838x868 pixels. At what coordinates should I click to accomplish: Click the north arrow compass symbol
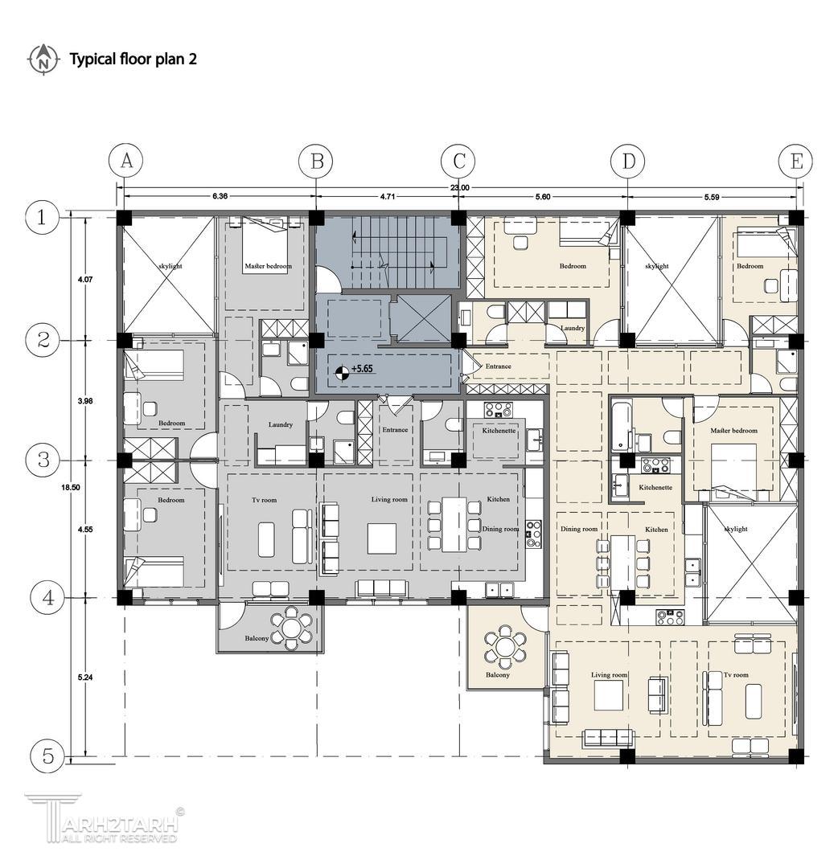43,59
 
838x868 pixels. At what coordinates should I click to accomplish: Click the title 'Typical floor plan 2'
133,59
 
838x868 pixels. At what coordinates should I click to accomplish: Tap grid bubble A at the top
126,161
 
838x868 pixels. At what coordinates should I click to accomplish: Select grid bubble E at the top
795,162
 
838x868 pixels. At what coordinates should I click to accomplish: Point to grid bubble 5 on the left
48,755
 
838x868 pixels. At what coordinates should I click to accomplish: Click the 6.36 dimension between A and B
220,196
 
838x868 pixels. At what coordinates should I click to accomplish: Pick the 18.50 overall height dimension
72,488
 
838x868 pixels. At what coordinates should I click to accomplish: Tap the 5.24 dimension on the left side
84,677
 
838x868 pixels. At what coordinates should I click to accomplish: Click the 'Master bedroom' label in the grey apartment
268,266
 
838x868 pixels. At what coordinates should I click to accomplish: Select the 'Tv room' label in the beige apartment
736,675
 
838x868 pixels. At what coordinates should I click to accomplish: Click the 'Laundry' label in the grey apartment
280,424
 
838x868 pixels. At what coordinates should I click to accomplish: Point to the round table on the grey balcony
291,628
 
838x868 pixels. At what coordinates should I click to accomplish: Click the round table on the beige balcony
504,646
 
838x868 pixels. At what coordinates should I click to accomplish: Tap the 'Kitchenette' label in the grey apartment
499,430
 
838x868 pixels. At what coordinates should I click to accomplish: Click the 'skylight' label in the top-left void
170,266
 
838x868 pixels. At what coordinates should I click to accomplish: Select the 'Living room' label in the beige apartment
609,675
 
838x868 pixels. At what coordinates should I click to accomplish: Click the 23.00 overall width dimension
459,188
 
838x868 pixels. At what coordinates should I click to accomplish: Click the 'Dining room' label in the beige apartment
579,529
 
